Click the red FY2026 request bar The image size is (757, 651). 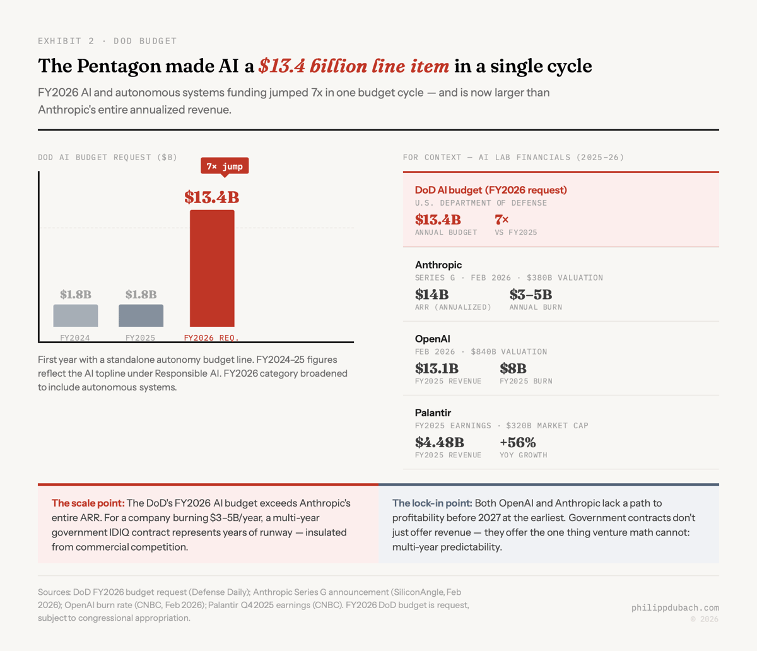pos(212,268)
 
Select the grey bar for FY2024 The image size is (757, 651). pos(76,315)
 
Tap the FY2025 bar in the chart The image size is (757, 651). pos(141,315)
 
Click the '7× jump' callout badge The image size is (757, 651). pos(225,166)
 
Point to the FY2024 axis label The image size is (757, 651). pos(75,337)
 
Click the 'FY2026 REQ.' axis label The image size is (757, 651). pos(211,337)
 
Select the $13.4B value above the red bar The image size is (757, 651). pos(212,197)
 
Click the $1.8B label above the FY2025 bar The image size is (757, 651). pos(141,295)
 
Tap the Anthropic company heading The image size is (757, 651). pos(438,265)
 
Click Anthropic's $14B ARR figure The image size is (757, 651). pos(431,295)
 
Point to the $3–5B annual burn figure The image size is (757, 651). pos(531,295)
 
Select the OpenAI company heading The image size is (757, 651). pos(433,339)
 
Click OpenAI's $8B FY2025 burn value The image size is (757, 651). pos(513,368)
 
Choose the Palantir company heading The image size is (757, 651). pos(433,413)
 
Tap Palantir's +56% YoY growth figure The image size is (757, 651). pos(517,442)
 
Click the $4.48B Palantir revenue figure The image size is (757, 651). pos(439,442)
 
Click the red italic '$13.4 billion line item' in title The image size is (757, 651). pos(354,66)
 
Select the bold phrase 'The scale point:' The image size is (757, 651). pos(88,503)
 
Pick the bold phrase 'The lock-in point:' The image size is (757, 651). pos(432,503)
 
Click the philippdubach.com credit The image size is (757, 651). pos(675,607)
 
